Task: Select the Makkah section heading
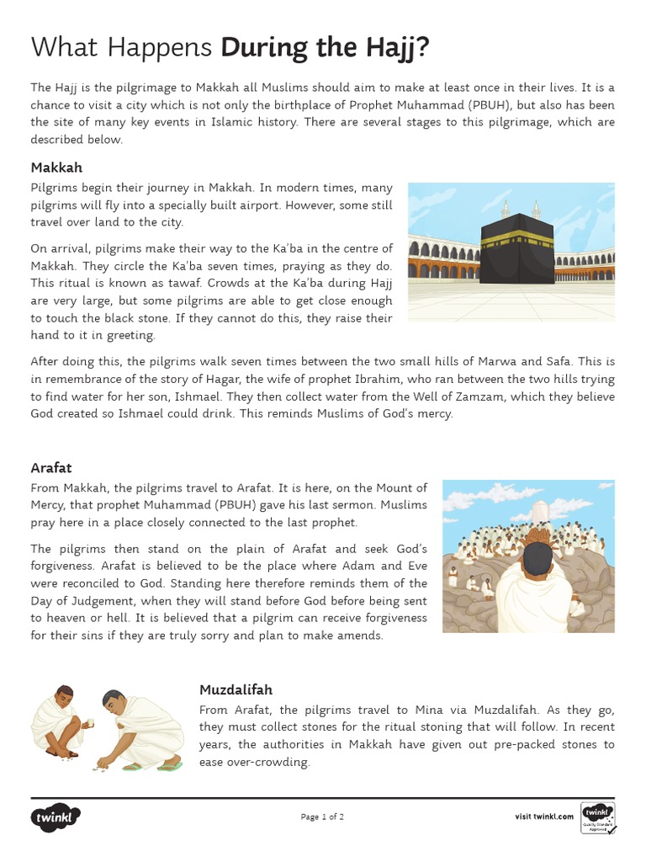pyautogui.click(x=56, y=167)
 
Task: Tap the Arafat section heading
pyautogui.click(x=51, y=467)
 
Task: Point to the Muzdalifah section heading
pyautogui.click(x=236, y=690)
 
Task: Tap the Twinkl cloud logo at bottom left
pyautogui.click(x=56, y=817)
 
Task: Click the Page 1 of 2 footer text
pyautogui.click(x=322, y=817)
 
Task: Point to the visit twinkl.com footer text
pyautogui.click(x=544, y=817)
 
